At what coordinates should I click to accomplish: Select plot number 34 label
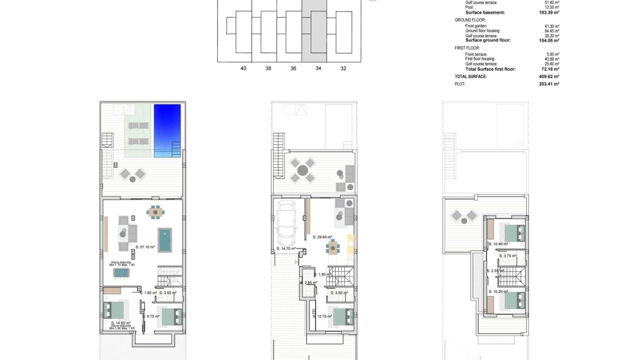pos(318,69)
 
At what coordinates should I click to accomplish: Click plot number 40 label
pos(243,69)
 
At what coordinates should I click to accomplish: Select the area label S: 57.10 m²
pos(145,247)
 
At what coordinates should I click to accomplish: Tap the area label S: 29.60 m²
pos(322,237)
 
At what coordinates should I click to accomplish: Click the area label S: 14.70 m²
pos(286,249)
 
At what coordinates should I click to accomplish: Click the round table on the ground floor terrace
pos(303,170)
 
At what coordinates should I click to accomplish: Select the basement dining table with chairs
pos(155,212)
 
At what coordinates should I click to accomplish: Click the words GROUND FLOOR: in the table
pos(470,20)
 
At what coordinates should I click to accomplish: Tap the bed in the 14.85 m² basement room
pos(114,310)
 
